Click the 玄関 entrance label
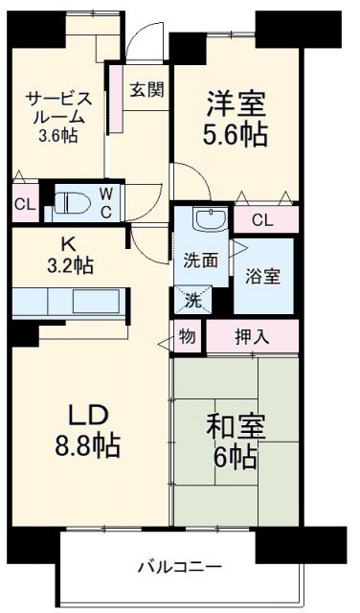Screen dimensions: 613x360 146,90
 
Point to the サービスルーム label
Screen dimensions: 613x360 58,107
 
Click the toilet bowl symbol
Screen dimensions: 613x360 72,202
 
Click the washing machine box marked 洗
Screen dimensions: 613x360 192,299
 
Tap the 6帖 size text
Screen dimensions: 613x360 235,457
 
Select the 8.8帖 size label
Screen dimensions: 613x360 87,445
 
